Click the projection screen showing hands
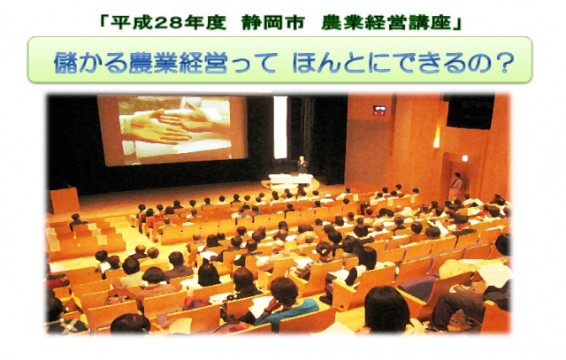(172, 130)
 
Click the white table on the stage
(291, 180)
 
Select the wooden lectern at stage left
(65, 200)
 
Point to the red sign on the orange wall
(379, 111)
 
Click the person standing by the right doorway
(456, 185)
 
